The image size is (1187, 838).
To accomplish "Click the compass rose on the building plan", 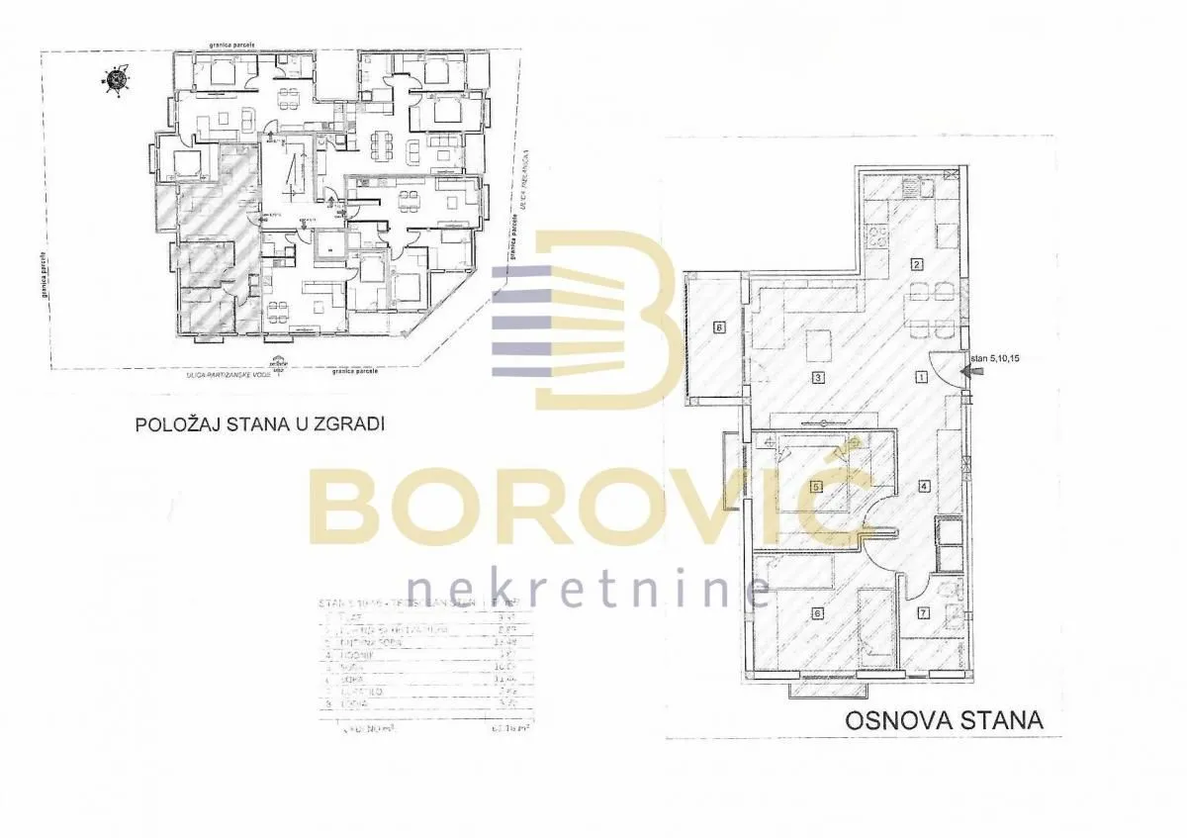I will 118,80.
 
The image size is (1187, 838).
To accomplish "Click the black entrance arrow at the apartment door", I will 974,371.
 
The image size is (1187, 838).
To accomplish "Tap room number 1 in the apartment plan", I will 920,377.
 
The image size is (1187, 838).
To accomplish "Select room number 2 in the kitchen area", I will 917,264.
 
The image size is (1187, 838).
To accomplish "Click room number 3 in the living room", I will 818,378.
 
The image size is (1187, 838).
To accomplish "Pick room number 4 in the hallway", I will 923,486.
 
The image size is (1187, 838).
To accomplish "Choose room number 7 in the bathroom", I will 923,613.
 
